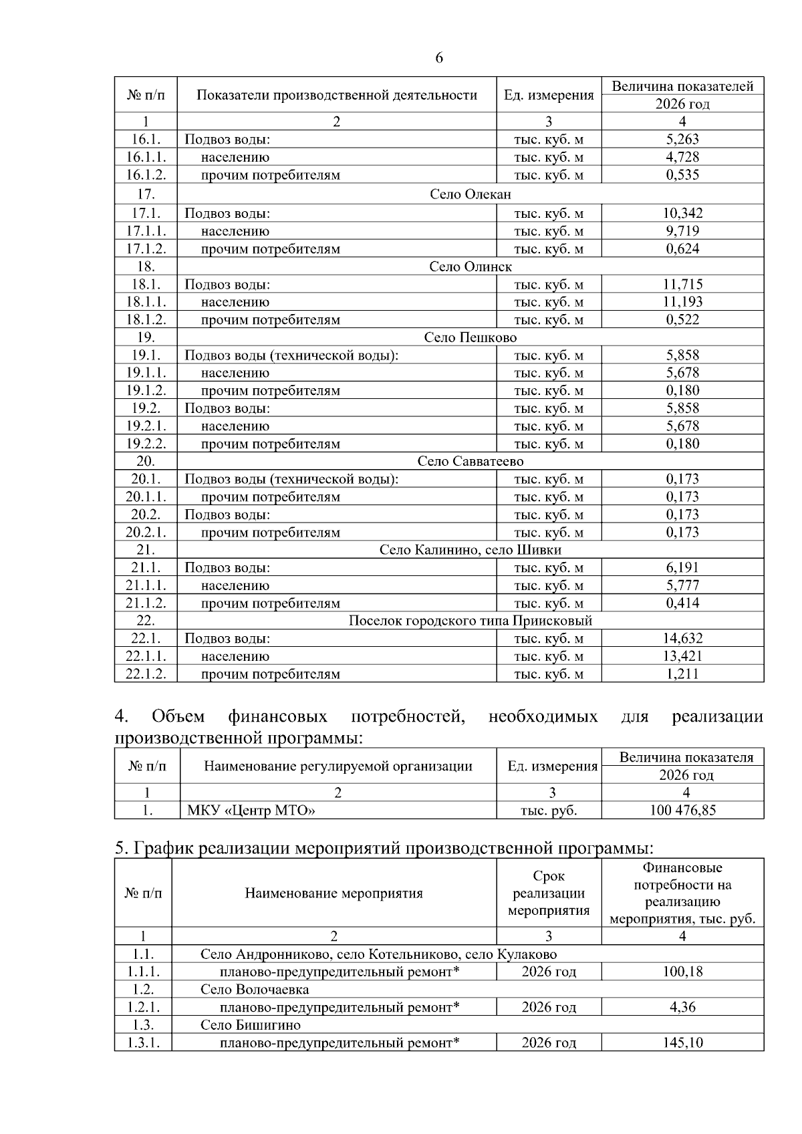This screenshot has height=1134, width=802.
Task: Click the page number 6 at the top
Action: tap(439, 58)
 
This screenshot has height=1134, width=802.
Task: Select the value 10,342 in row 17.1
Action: tap(682, 213)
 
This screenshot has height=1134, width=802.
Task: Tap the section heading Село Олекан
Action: tap(470, 194)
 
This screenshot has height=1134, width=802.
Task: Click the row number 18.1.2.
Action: tap(146, 319)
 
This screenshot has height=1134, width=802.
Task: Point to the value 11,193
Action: tap(682, 302)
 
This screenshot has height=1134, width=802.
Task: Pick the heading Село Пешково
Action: tap(470, 337)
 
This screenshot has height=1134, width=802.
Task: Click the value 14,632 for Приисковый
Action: tap(682, 638)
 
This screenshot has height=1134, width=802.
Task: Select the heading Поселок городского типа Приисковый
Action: tap(470, 621)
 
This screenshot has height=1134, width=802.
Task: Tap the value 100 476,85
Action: tap(682, 811)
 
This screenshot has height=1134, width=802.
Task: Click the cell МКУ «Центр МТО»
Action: tap(251, 811)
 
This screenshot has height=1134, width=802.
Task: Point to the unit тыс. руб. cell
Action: tap(549, 811)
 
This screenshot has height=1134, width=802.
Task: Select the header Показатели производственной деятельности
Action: tap(337, 95)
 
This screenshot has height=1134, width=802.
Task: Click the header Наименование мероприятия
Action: tap(333, 893)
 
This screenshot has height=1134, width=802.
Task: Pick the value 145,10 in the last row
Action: tap(682, 1042)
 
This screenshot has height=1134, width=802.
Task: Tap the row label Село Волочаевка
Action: tap(255, 990)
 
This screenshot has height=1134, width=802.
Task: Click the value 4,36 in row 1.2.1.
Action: tap(682, 1007)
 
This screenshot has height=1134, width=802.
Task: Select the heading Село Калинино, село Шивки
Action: tap(470, 550)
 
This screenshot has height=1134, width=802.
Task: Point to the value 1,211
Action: tap(682, 674)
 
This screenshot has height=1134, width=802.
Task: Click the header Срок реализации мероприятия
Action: tap(549, 893)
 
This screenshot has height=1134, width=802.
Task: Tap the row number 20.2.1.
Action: tap(146, 533)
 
